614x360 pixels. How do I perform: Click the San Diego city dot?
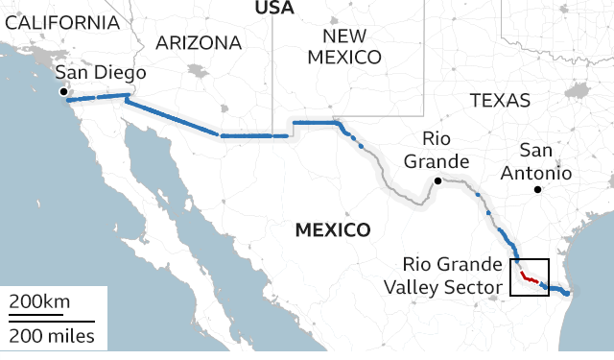[64, 92]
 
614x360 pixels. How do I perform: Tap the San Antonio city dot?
[538, 190]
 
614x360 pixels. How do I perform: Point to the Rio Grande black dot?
[437, 180]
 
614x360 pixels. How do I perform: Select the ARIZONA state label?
[199, 43]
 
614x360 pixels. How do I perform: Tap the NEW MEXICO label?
[343, 47]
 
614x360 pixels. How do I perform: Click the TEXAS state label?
[500, 100]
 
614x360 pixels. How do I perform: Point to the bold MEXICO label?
[332, 230]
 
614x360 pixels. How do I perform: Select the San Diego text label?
[100, 74]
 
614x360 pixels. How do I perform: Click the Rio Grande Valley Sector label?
[451, 275]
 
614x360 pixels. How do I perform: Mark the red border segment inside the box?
[527, 278]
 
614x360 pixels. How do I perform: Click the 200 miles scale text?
[53, 336]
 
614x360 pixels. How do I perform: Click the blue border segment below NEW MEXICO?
[315, 123]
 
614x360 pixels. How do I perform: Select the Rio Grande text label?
[437, 149]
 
